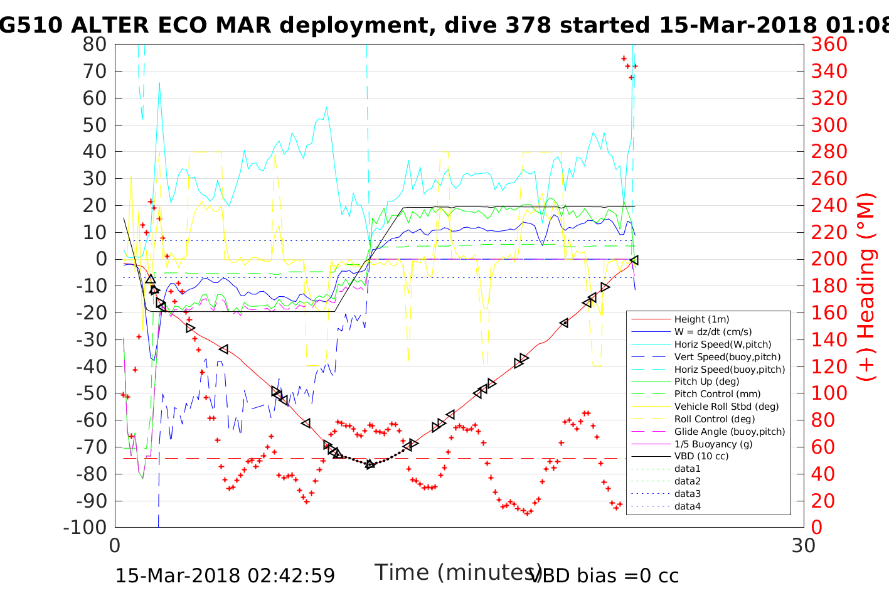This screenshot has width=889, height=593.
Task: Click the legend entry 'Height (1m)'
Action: click(x=701, y=319)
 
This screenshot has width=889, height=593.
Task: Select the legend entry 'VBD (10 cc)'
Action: click(x=701, y=456)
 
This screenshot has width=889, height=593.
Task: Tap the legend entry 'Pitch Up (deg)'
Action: click(x=706, y=382)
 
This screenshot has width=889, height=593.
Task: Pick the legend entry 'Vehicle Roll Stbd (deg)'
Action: click(x=727, y=407)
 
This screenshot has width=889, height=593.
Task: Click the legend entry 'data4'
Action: click(x=687, y=506)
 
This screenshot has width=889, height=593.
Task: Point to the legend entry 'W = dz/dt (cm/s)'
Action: click(x=713, y=332)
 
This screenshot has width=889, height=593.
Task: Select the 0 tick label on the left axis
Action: click(x=100, y=259)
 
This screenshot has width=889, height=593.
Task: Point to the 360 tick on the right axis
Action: click(x=829, y=45)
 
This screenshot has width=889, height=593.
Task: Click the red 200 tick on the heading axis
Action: click(x=829, y=259)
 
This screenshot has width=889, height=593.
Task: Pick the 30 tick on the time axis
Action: click(x=804, y=546)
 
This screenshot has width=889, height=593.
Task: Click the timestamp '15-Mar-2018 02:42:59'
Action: click(x=225, y=575)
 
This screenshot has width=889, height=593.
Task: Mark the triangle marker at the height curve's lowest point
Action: click(x=370, y=464)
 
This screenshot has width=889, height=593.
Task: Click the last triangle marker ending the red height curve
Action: click(x=634, y=260)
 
